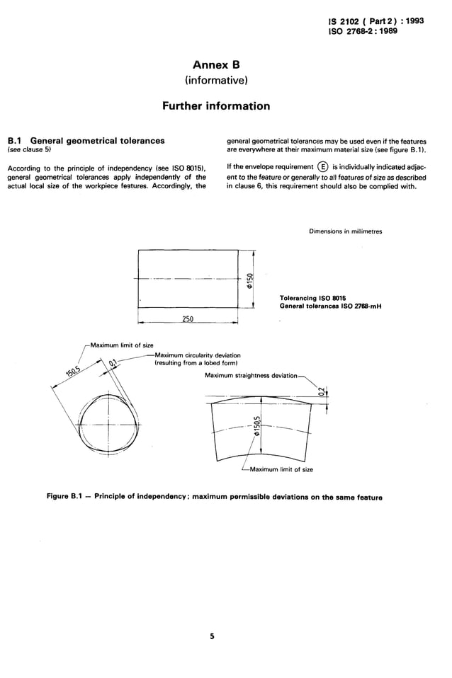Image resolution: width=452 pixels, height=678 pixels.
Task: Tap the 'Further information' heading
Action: [x=216, y=106]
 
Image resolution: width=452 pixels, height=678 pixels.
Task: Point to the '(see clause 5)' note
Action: [x=28, y=150]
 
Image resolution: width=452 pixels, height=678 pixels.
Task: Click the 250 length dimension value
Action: [x=188, y=319]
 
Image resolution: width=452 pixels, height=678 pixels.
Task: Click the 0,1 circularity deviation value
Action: [x=113, y=364]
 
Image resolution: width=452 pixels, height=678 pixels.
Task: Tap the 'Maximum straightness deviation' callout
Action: [x=251, y=376]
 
